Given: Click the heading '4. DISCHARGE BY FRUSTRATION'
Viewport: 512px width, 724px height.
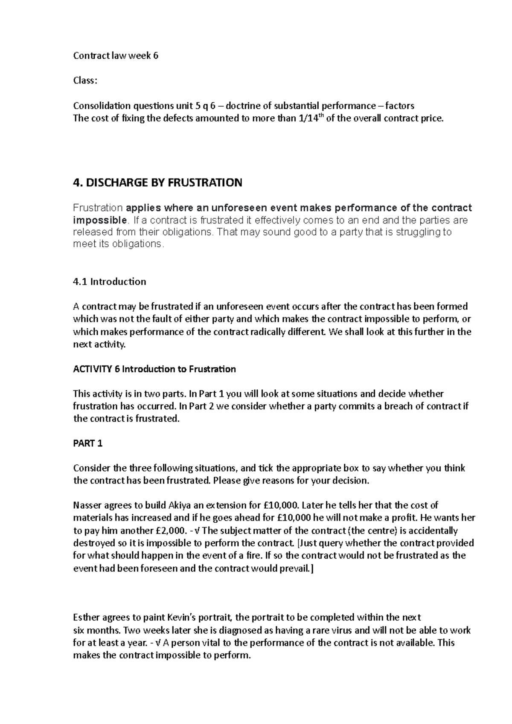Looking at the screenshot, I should pyautogui.click(x=157, y=183).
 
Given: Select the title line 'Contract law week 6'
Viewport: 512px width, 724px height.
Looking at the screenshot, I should pyautogui.click(x=116, y=56).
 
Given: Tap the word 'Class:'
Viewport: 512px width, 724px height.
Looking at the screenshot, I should pyautogui.click(x=85, y=81).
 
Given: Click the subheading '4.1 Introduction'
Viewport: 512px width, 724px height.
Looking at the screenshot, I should pyautogui.click(x=110, y=281).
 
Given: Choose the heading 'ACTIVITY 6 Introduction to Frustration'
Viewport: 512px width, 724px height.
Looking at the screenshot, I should pyautogui.click(x=154, y=369).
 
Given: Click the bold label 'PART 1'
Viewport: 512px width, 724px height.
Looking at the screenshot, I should pyautogui.click(x=88, y=443).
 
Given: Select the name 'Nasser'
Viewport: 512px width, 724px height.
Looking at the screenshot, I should pyautogui.click(x=87, y=506).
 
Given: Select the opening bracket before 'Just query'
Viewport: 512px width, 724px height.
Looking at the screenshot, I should pyautogui.click(x=298, y=544).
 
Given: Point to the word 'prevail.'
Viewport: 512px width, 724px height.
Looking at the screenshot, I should pyautogui.click(x=296, y=568).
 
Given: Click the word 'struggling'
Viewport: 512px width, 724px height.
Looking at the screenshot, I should pyautogui.click(x=421, y=232).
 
